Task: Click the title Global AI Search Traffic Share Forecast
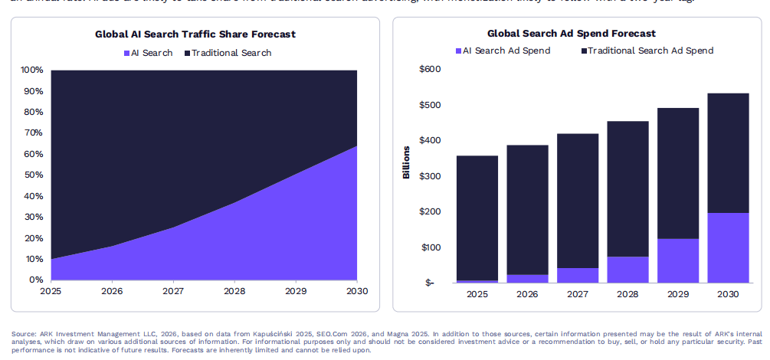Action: click(195, 34)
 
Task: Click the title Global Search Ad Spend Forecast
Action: click(571, 34)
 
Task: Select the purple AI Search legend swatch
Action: click(127, 53)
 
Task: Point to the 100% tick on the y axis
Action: click(31, 70)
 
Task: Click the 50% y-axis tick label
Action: click(34, 175)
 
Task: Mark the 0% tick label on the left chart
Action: click(36, 280)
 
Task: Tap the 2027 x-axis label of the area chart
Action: click(173, 292)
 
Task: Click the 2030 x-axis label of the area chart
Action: click(357, 292)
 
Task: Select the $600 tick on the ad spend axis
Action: click(431, 70)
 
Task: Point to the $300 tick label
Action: click(431, 176)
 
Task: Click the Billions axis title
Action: click(407, 162)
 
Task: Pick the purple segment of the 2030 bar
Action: click(728, 247)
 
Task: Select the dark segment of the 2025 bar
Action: click(477, 218)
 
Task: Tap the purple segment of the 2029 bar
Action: click(678, 260)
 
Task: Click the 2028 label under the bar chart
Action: click(627, 294)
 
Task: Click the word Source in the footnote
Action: click(24, 334)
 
